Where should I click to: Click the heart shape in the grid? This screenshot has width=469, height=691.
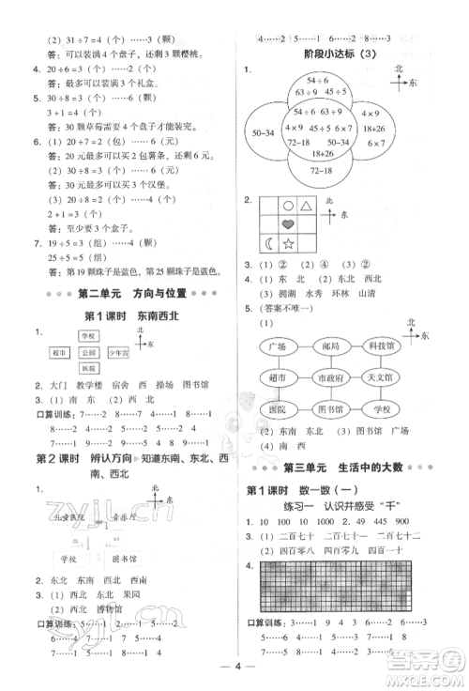(288, 224)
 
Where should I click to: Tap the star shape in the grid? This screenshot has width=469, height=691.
(288, 245)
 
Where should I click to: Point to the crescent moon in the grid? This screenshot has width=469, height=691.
(269, 245)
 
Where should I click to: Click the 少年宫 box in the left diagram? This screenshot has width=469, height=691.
(118, 353)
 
